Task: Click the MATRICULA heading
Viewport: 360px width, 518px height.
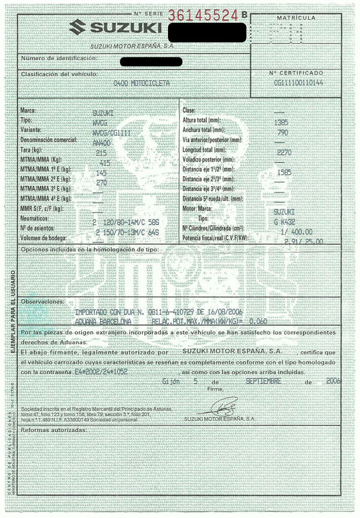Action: tap(296, 18)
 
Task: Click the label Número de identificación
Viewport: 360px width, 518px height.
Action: tap(59, 58)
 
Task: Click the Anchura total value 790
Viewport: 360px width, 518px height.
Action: tap(283, 132)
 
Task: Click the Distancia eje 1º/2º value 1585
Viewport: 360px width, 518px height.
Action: tap(284, 172)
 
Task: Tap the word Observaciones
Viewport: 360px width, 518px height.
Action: tap(42, 301)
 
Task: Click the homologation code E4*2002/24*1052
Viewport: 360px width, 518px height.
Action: tap(101, 371)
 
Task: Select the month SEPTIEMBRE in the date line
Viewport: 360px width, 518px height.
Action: tap(264, 381)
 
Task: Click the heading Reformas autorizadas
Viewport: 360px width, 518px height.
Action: tap(53, 430)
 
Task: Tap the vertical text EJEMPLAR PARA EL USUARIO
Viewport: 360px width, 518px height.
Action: tap(13, 312)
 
